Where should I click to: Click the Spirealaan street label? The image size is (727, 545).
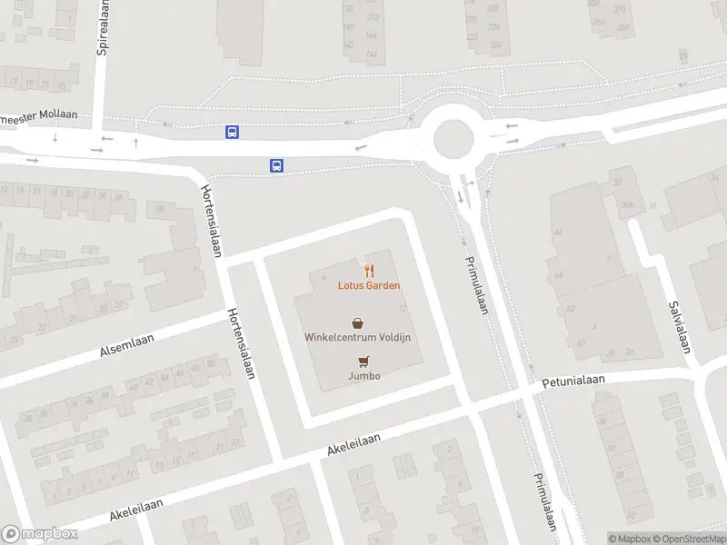103,26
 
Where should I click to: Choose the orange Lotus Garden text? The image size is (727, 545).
369,285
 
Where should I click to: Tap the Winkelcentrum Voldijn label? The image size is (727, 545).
358,338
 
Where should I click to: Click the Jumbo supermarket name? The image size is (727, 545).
363,375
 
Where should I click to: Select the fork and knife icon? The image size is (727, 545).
369,270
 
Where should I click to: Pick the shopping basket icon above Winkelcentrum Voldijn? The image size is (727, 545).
358,322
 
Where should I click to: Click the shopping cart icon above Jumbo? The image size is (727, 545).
364,361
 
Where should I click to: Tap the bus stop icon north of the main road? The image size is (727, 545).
233,133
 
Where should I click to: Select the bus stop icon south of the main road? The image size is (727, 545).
276,165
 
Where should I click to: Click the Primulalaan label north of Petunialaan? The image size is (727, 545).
477,284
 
